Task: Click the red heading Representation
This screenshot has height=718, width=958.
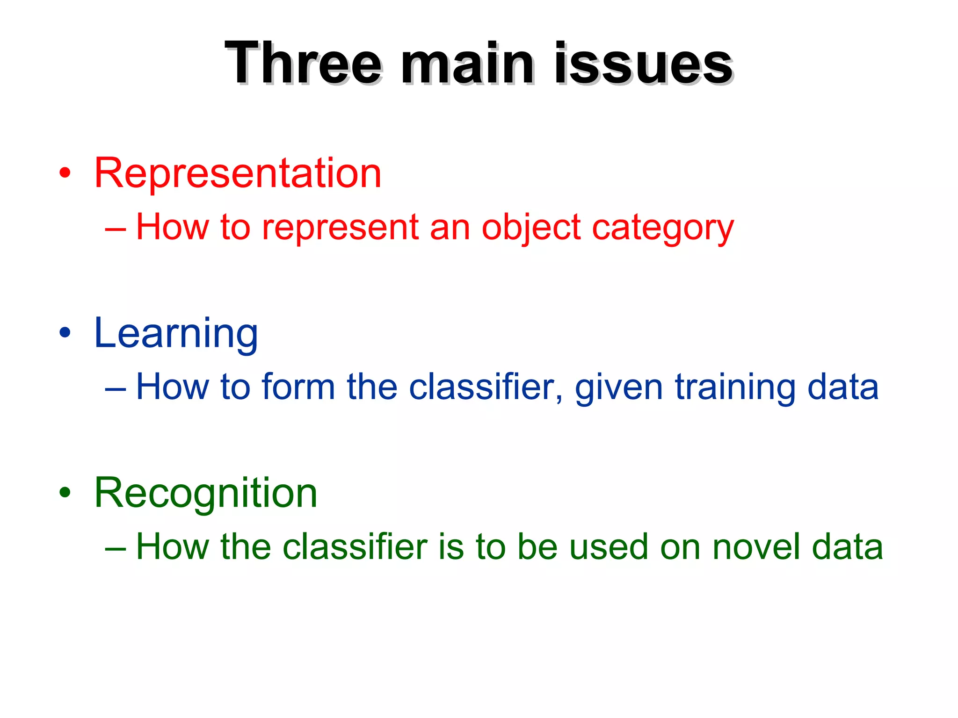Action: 238,173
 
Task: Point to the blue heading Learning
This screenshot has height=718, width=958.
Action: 176,333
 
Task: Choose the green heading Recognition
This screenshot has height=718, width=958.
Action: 206,493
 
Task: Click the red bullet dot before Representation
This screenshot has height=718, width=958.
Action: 65,173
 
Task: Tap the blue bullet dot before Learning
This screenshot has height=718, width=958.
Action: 65,333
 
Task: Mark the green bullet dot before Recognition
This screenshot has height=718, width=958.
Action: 65,493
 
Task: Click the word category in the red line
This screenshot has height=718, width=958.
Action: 663,228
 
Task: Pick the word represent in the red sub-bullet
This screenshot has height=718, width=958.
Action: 340,227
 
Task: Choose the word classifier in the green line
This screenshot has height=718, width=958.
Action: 355,547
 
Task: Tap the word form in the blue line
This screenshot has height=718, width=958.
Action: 298,387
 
